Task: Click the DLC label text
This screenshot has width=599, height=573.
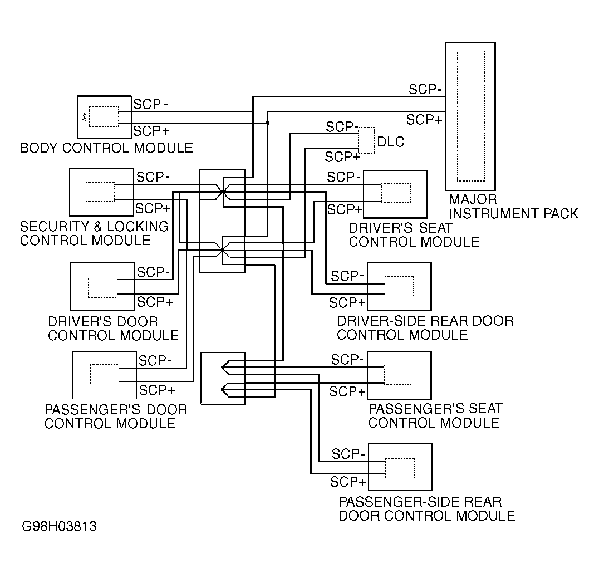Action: (x=390, y=142)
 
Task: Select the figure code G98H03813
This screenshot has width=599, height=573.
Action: (x=59, y=526)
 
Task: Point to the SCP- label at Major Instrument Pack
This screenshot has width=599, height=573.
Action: (x=425, y=89)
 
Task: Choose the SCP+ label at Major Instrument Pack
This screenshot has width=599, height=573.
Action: (x=424, y=120)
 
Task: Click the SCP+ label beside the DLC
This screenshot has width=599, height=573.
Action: (x=342, y=156)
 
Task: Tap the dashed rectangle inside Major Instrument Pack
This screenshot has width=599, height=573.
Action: (x=471, y=116)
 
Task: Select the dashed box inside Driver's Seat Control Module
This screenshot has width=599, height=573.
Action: (x=396, y=193)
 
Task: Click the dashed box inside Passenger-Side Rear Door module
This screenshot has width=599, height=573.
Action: (x=400, y=468)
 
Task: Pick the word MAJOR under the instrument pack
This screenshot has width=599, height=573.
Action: (x=473, y=199)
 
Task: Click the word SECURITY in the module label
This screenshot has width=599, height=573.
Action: (x=54, y=227)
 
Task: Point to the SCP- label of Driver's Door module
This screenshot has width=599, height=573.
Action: (x=153, y=272)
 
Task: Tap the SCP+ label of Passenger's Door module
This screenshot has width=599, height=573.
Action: (x=157, y=390)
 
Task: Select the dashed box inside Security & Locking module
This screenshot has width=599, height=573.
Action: (x=100, y=192)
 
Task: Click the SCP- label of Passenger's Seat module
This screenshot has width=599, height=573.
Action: (x=347, y=360)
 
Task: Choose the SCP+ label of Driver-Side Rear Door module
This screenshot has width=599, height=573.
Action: (x=347, y=303)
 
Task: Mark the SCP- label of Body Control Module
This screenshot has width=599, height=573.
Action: (x=150, y=104)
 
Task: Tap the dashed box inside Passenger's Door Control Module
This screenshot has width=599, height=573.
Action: (x=104, y=374)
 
